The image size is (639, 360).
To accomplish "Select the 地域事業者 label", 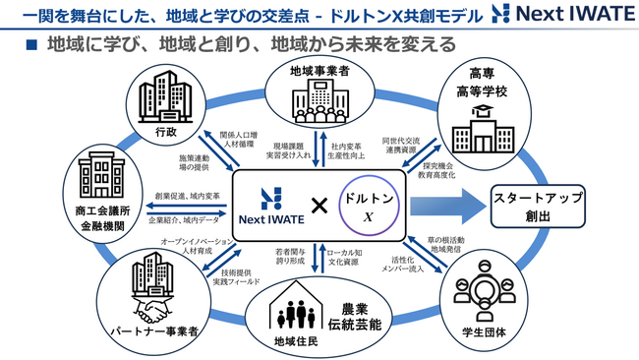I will click(x=319, y=71).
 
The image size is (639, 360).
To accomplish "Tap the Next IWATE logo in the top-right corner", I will click(x=561, y=17).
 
